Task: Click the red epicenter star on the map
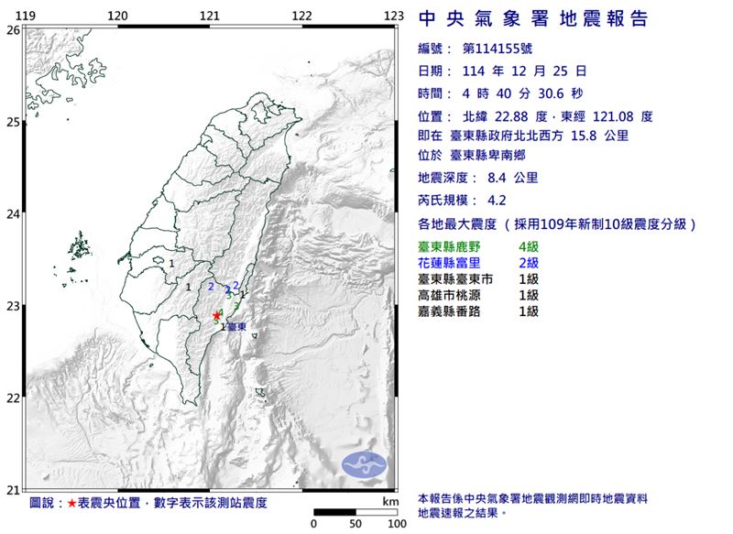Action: (x=216, y=315)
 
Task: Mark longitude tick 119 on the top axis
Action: (x=27, y=16)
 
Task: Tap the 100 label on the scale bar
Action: (x=396, y=524)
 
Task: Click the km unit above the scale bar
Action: (x=391, y=502)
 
